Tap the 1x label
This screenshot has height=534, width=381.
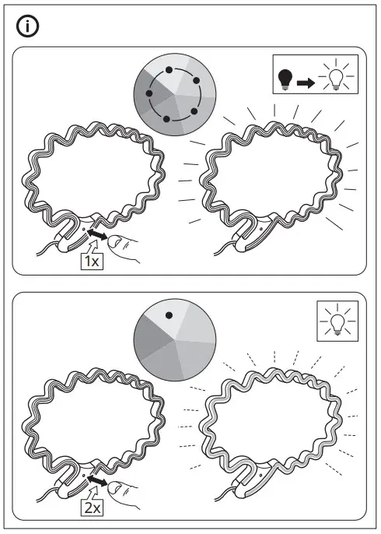(x=92, y=262)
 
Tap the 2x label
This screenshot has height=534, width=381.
(x=92, y=508)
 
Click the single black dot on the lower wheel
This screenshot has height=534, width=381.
(x=168, y=315)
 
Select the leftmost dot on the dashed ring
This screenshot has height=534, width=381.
(x=149, y=90)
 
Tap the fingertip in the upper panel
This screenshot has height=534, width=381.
(x=114, y=242)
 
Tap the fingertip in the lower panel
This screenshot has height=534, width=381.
(x=114, y=488)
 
